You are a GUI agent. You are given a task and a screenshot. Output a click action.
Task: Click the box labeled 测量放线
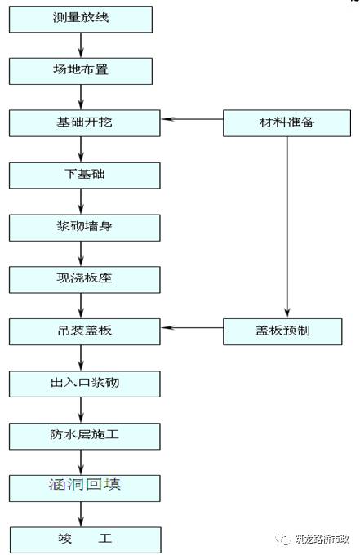pos(80,19)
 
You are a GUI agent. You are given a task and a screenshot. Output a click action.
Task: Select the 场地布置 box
pos(80,70)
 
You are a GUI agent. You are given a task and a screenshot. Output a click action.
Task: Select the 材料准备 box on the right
pos(286,122)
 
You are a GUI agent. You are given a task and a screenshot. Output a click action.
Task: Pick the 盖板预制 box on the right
pos(286,331)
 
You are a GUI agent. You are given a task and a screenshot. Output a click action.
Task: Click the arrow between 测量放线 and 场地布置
pos(81,45)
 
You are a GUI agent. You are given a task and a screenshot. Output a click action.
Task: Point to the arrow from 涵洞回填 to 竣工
pos(81,514)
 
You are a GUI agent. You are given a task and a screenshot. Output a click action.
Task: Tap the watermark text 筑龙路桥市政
pos(322,539)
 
